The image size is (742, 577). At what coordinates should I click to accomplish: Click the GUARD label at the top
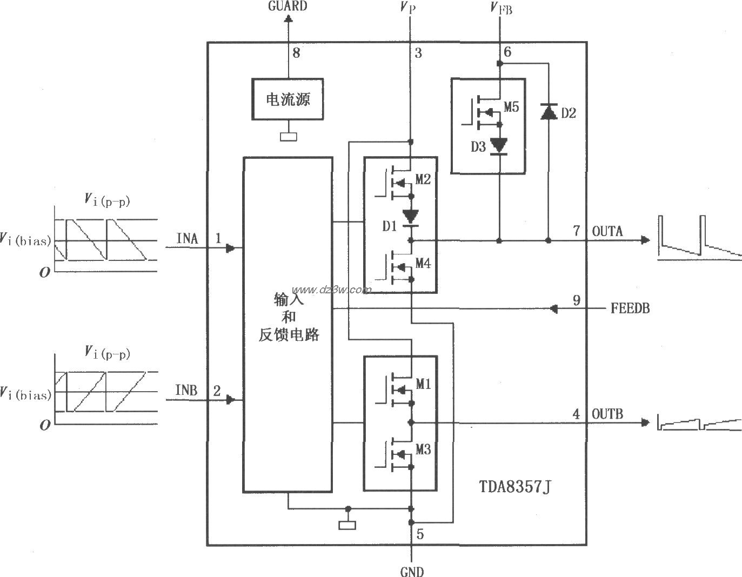(288, 6)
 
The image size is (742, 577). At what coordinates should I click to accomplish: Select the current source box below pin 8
(288, 99)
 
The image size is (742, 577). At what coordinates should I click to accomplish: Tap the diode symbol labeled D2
(549, 112)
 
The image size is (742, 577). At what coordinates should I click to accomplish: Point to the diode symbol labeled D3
(499, 146)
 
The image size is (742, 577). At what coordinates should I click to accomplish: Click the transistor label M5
(511, 107)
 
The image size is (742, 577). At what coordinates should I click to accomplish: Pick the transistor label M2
(423, 179)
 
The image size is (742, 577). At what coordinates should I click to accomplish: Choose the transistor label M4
(423, 264)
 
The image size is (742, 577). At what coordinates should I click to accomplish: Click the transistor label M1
(423, 384)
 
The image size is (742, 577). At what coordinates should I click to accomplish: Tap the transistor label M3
(423, 449)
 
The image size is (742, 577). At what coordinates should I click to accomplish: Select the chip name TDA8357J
(516, 487)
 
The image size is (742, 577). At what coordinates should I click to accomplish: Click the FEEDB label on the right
(630, 308)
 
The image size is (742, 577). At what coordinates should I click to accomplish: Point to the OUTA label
(607, 231)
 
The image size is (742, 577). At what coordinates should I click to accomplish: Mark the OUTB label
(607, 414)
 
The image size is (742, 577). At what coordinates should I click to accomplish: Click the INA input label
(187, 238)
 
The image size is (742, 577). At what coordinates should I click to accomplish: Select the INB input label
(187, 390)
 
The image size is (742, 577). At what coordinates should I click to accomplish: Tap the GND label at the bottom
(412, 571)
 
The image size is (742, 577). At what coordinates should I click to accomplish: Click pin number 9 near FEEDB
(577, 300)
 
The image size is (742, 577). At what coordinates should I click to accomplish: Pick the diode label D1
(390, 226)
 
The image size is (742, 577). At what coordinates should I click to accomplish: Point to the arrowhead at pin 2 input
(231, 400)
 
